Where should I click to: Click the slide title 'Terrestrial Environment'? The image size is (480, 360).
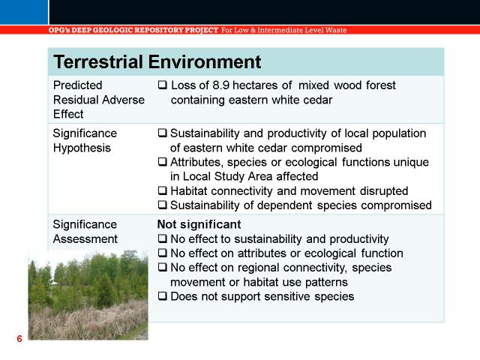(x=157, y=61)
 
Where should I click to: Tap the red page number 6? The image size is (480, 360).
(x=19, y=338)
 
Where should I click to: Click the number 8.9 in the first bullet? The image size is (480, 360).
(x=220, y=85)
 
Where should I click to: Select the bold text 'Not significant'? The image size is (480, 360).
(x=199, y=224)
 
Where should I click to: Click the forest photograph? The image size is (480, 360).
(x=88, y=295)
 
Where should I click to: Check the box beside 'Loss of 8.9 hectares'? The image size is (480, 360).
(x=163, y=85)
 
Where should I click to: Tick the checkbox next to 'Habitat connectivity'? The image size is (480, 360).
(x=163, y=190)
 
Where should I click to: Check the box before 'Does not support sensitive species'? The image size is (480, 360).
(x=163, y=296)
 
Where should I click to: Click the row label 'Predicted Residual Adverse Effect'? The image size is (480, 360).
(x=98, y=100)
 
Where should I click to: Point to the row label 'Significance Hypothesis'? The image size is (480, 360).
(x=85, y=140)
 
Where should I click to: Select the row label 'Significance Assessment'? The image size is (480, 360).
(x=85, y=232)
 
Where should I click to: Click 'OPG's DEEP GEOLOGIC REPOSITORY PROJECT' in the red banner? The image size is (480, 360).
(x=133, y=30)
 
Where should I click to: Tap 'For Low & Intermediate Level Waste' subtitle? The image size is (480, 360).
(x=284, y=30)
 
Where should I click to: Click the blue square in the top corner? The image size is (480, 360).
(x=24, y=12)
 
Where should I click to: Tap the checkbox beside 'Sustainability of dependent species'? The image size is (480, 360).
(x=163, y=205)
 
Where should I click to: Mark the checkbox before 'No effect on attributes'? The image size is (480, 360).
(x=163, y=253)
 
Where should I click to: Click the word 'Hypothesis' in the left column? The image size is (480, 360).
(x=82, y=148)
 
